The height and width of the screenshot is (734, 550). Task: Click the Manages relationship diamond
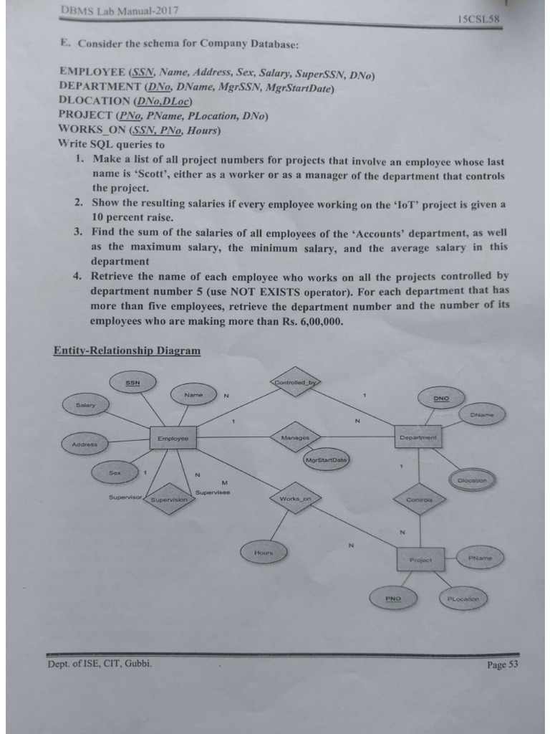click(x=295, y=437)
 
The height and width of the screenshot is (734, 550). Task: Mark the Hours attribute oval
click(x=264, y=552)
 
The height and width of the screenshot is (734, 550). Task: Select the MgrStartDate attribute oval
click(x=325, y=459)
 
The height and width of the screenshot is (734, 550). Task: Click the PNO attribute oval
click(x=393, y=597)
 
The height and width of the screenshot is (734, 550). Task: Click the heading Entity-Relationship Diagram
click(x=127, y=351)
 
